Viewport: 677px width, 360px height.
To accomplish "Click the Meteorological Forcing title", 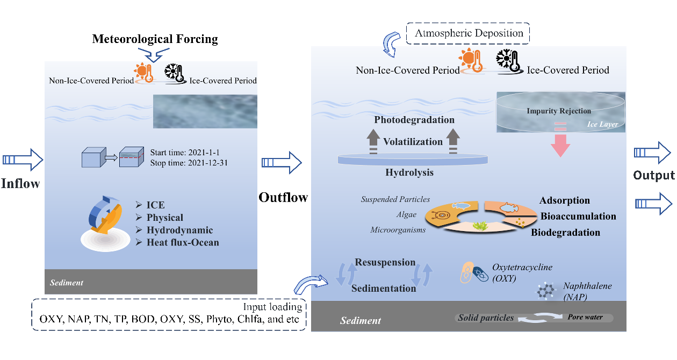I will pos(155,39).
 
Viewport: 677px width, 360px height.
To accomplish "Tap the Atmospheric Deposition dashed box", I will pos(469,33).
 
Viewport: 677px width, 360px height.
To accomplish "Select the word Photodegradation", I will pos(414,120).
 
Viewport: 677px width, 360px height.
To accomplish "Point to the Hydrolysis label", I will pos(409,173).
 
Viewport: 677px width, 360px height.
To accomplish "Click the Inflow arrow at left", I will pos(22,160).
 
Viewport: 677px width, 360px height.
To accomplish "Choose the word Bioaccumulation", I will pos(578,217).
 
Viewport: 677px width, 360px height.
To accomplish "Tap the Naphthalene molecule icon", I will pos(546,291).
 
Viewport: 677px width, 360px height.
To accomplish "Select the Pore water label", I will pos(585,317).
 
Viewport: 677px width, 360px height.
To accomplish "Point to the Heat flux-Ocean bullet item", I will pos(183,242).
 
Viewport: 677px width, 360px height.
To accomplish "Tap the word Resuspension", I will pos(385,263).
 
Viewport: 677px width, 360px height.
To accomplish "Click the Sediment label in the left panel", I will pos(67,283).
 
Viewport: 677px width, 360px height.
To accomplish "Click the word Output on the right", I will pos(653,176).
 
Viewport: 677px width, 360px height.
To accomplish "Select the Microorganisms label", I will pos(398,230).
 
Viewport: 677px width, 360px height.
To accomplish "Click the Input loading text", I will pos(272,307).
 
